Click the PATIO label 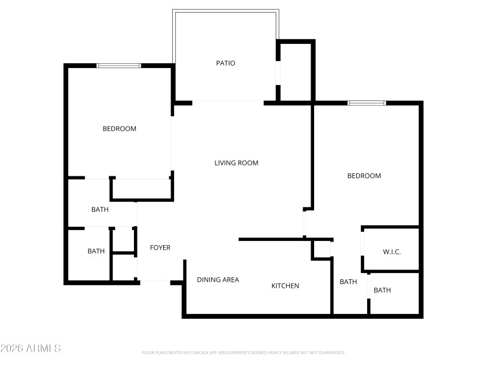(225, 63)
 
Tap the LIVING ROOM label (236, 163)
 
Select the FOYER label (160, 248)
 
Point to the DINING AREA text (218, 280)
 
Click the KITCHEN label (285, 286)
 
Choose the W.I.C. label (391, 252)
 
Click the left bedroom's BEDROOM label (119, 129)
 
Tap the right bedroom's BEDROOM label (364, 176)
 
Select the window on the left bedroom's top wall (119, 66)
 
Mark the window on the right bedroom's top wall (366, 103)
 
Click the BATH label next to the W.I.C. (348, 282)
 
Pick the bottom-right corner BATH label (382, 290)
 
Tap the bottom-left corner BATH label (96, 251)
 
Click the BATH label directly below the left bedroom (100, 210)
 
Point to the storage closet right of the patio (296, 72)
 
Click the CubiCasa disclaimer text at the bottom (243, 352)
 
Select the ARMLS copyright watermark (30, 349)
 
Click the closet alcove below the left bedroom (142, 189)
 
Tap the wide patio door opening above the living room (228, 102)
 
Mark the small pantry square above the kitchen (322, 249)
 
